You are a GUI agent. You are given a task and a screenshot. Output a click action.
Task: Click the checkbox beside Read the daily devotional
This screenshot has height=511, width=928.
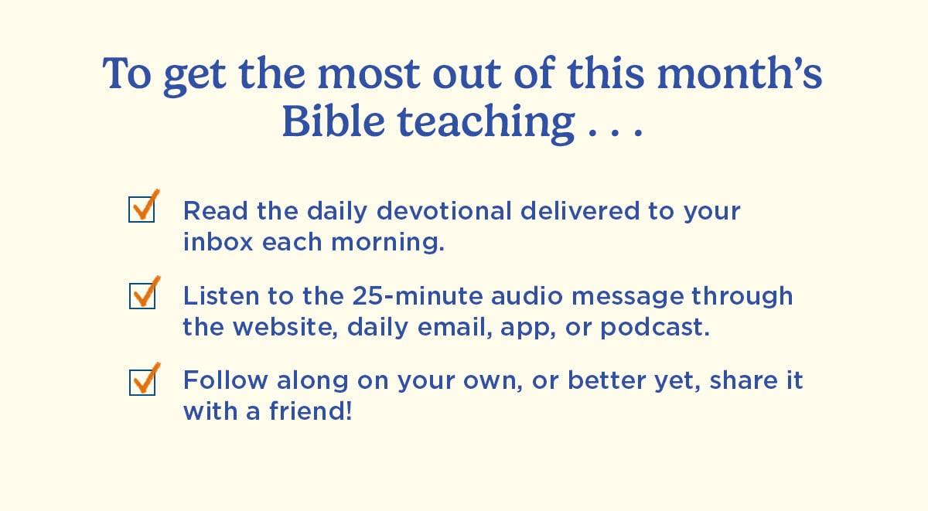142,210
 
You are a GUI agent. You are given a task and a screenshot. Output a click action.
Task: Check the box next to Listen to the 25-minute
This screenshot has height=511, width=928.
142,295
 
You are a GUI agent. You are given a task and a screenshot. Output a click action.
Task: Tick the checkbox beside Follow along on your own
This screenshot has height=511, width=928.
142,382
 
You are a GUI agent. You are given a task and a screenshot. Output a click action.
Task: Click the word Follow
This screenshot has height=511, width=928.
214,381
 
